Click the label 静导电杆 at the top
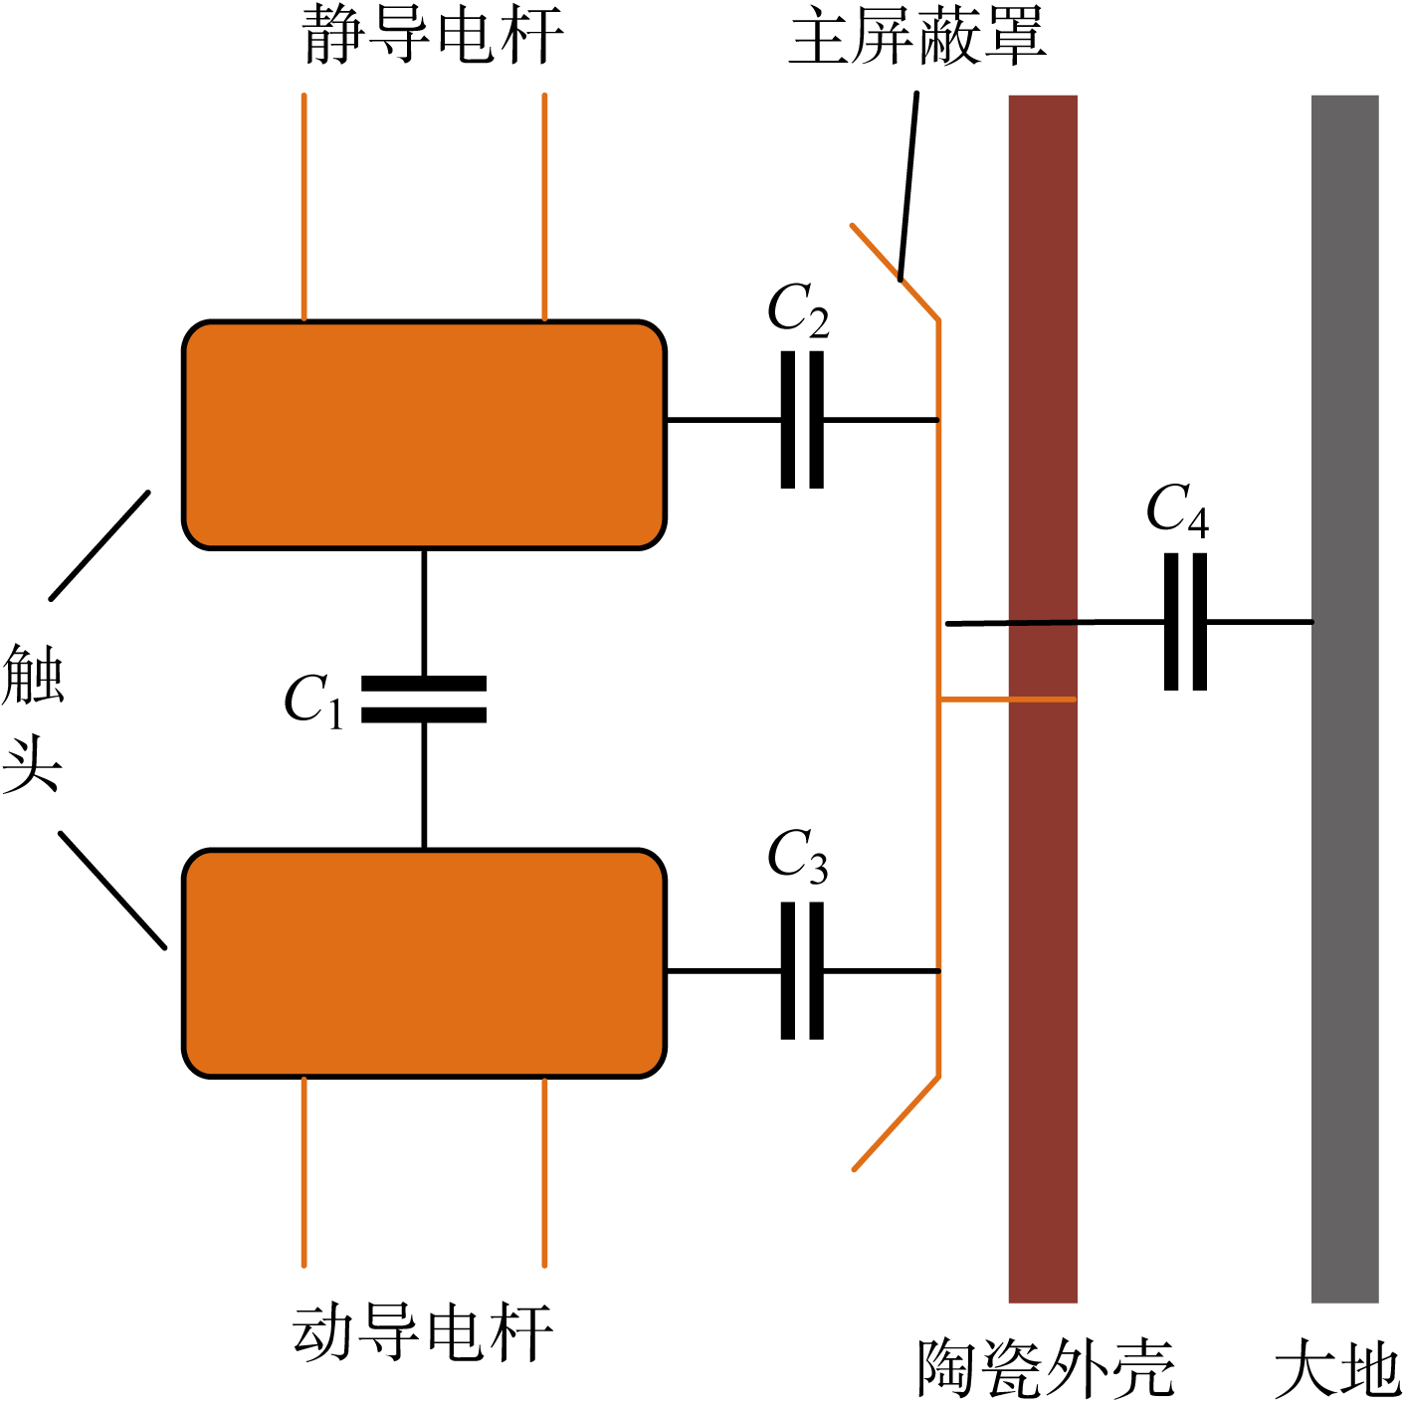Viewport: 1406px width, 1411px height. pyautogui.click(x=433, y=36)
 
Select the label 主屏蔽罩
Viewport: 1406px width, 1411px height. pyautogui.click(x=916, y=36)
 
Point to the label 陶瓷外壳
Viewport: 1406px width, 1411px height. pyautogui.click(x=1046, y=1369)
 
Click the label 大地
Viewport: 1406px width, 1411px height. pyautogui.click(x=1336, y=1369)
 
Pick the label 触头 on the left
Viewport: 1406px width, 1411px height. pyautogui.click(x=32, y=716)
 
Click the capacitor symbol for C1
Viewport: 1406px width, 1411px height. pyautogui.click(x=424, y=699)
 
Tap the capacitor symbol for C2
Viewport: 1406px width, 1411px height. pyautogui.click(x=802, y=420)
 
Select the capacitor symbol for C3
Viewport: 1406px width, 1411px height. pyautogui.click(x=802, y=970)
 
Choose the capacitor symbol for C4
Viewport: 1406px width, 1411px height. pyautogui.click(x=1185, y=622)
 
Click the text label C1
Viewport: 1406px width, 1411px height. pyautogui.click(x=313, y=700)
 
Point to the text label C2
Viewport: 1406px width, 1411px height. pyautogui.click(x=798, y=310)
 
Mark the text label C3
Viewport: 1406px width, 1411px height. pyautogui.click(x=798, y=856)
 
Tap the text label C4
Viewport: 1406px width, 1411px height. pyautogui.click(x=1177, y=511)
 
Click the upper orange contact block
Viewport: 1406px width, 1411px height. pyautogui.click(x=424, y=435)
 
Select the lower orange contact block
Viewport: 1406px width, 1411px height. pyautogui.click(x=424, y=963)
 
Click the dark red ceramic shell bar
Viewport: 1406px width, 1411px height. pyautogui.click(x=1043, y=896)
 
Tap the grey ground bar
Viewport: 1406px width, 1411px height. pyautogui.click(x=1344, y=896)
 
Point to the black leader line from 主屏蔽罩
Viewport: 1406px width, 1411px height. pyautogui.click(x=908, y=184)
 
